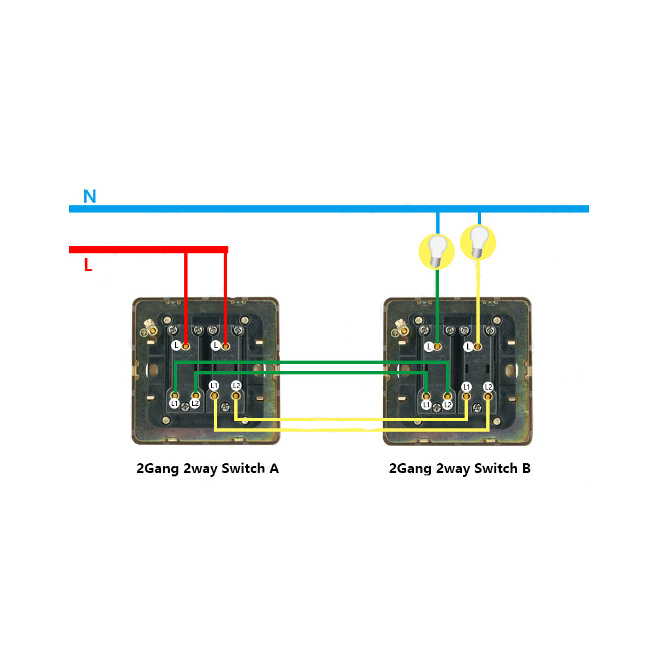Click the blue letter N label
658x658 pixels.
click(89, 196)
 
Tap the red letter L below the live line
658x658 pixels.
click(88, 266)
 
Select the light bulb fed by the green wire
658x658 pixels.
click(437, 251)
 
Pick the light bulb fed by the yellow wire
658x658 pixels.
click(478, 241)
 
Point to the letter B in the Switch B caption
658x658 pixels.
click(526, 469)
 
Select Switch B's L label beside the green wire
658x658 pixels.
click(429, 346)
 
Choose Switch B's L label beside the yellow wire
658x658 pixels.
click(468, 346)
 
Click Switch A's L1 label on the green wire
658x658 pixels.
click(174, 403)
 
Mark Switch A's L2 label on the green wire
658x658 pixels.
click(195, 403)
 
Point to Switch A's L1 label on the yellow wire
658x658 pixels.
click(214, 386)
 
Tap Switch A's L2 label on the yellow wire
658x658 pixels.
click(236, 386)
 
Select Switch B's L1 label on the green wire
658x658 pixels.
click(426, 405)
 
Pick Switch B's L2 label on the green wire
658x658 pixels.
click(447, 405)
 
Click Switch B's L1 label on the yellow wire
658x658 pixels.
click(467, 387)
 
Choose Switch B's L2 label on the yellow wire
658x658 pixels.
click(488, 387)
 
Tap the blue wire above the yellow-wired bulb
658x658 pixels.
click(479, 218)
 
